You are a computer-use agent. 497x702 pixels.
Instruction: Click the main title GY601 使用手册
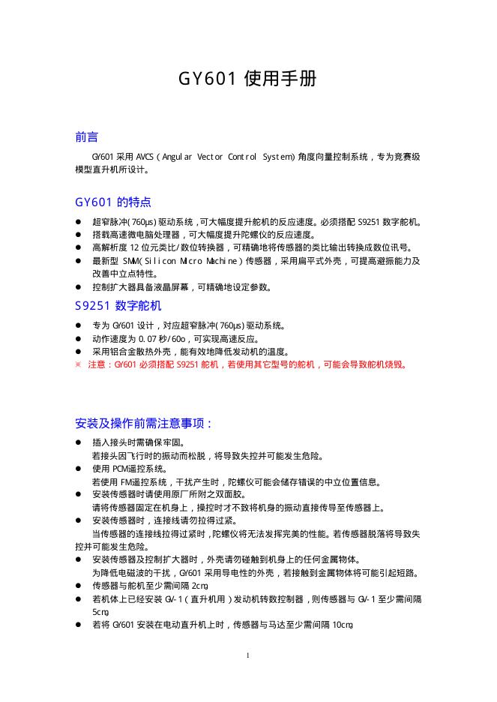(247, 79)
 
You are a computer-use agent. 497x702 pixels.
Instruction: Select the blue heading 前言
(86, 137)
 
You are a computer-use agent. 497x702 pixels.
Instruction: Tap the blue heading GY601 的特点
(113, 202)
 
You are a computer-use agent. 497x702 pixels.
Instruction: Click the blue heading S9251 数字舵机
(118, 306)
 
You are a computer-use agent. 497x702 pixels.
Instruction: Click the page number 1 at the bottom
(248, 655)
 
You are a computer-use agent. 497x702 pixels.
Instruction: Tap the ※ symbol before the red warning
(78, 364)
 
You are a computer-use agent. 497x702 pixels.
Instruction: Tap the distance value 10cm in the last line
(343, 624)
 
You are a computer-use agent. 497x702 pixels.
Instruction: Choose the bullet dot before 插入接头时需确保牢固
(78, 442)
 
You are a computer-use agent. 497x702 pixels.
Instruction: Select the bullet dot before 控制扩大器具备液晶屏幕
(78, 287)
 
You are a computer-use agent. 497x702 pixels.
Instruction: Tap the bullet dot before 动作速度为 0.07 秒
(78, 338)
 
